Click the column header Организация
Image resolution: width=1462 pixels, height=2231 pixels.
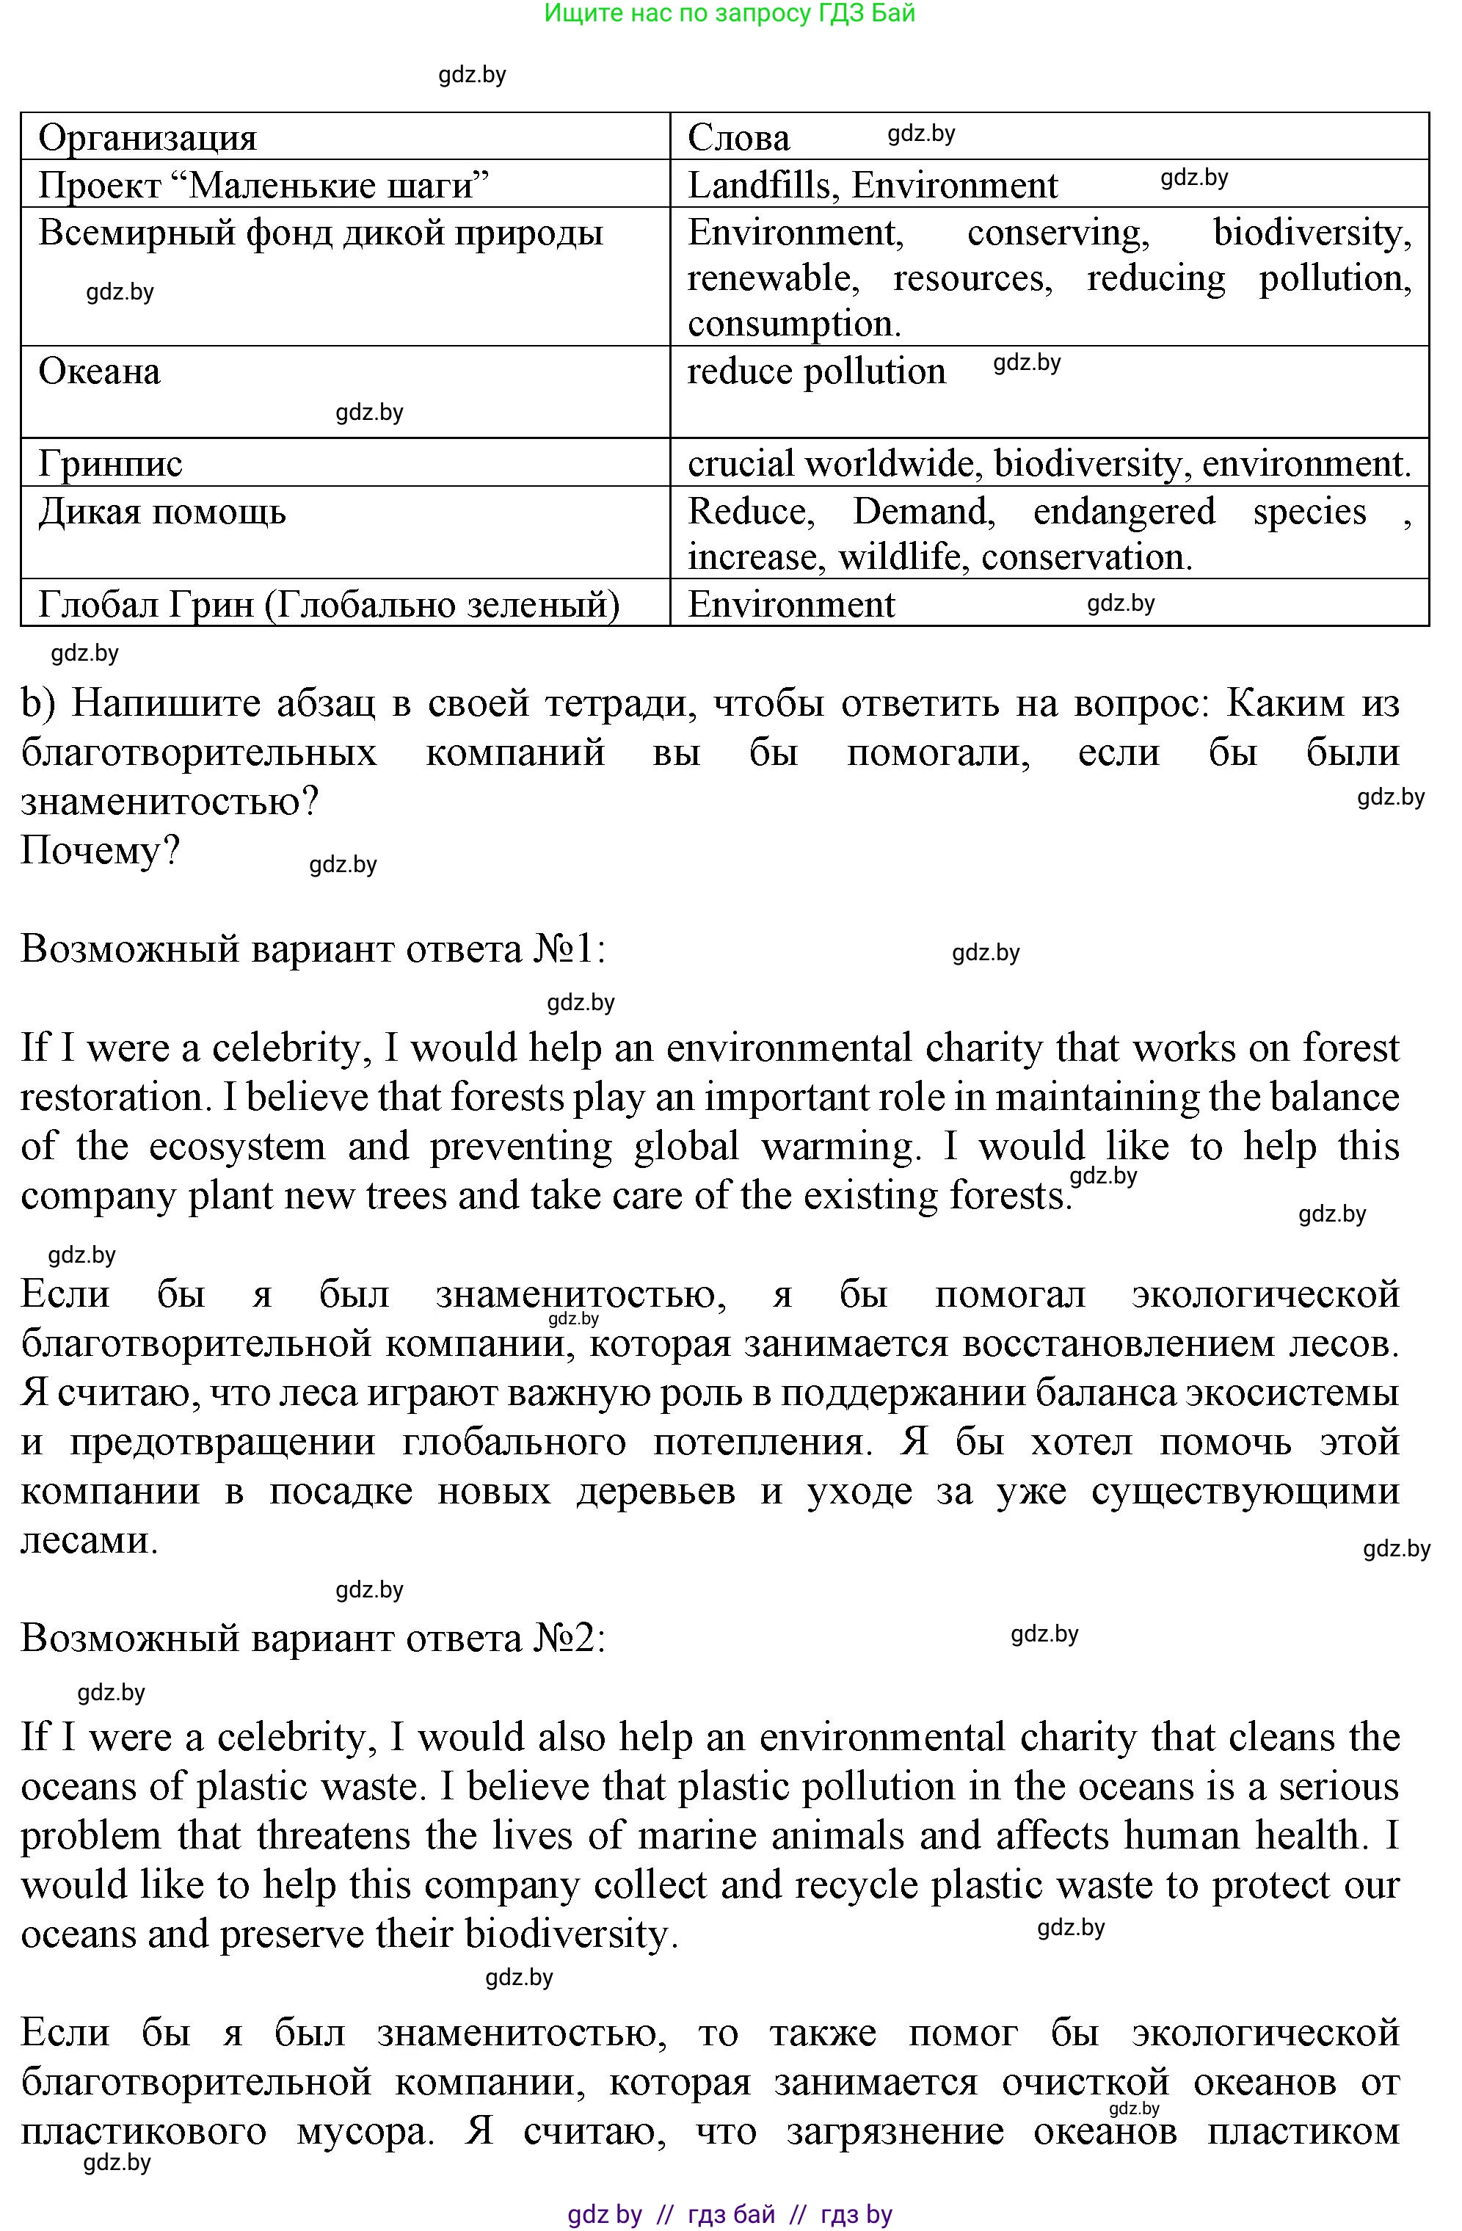click(147, 138)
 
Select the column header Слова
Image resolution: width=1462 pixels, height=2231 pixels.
click(738, 138)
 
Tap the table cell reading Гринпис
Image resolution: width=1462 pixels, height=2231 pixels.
click(111, 463)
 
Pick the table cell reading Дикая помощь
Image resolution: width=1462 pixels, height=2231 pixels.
click(162, 512)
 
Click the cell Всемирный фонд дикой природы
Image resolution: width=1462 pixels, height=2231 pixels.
click(321, 233)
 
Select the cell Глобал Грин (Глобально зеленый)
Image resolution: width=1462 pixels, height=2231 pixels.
click(329, 605)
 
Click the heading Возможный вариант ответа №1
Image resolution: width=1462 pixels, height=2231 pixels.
click(313, 948)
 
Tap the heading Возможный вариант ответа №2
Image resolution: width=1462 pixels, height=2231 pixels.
click(313, 1638)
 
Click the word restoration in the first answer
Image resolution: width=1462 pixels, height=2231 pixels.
click(112, 1098)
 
